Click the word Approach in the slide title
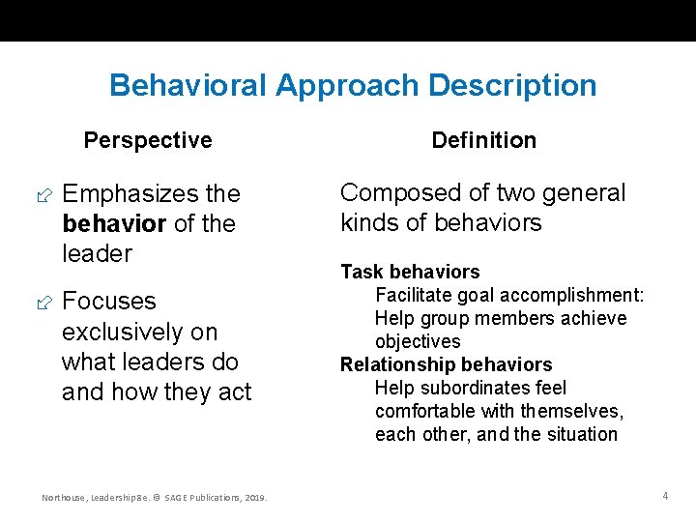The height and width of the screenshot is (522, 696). point(347,86)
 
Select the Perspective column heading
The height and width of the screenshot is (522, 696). point(148,140)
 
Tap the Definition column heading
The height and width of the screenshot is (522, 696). point(483,140)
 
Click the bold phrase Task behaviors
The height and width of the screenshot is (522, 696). point(410,272)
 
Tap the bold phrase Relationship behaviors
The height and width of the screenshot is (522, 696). point(446,364)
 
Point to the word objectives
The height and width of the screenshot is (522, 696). point(418,341)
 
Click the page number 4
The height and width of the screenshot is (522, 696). point(665,496)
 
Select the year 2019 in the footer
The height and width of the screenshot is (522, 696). point(255,498)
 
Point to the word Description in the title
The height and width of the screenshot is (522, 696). point(512,86)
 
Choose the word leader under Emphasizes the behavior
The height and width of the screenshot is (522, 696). point(97,253)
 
